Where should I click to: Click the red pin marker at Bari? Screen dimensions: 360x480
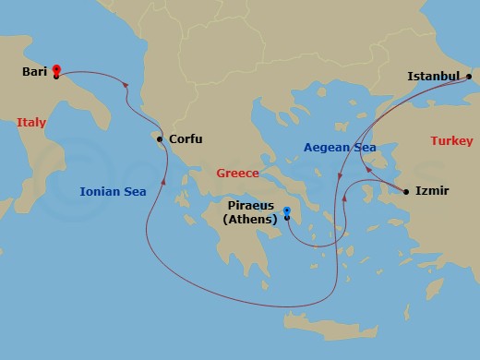[56, 70]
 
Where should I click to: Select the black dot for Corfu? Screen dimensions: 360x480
[161, 140]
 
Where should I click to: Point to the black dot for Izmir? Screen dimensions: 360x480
[405, 192]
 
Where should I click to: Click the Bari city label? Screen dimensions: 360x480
[34, 70]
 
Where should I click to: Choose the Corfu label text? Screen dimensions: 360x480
[186, 140]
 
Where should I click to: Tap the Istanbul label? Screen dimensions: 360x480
[434, 77]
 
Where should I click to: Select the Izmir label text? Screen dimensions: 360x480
[432, 192]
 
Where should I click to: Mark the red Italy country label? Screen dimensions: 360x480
[31, 122]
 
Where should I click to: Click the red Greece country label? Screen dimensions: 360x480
[236, 173]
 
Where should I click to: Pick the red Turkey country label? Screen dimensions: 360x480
[451, 141]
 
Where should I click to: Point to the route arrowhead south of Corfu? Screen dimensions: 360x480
[162, 181]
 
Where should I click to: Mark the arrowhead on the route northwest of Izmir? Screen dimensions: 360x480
[368, 169]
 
